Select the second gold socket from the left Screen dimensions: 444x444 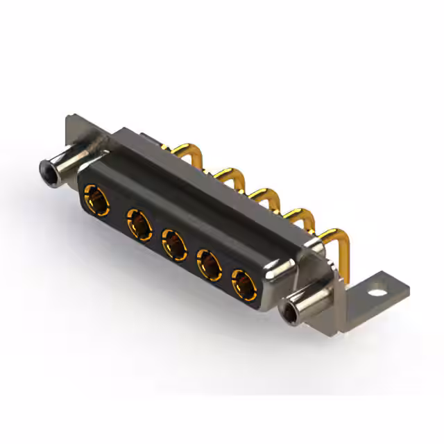pyautogui.click(x=139, y=225)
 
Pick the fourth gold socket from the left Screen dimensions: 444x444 pyautogui.click(x=208, y=264)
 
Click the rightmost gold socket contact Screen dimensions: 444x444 pyautogui.click(x=243, y=284)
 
